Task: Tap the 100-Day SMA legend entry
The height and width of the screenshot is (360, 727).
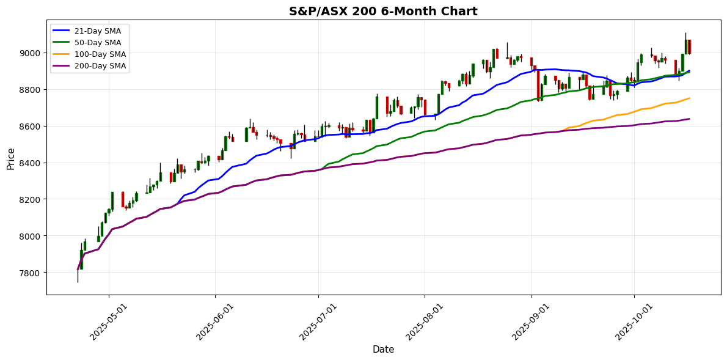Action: (98, 54)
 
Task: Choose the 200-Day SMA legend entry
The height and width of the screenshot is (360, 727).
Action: (98, 66)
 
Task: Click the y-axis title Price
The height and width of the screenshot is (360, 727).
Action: (11, 158)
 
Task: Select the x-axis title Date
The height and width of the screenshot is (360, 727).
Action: (383, 350)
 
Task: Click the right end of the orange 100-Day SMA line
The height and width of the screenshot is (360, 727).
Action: (689, 98)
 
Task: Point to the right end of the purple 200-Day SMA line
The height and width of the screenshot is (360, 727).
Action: (689, 119)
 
